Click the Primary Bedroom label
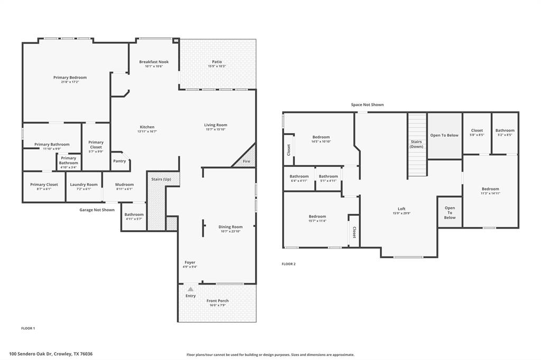tap(70, 78)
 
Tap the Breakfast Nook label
tap(154, 62)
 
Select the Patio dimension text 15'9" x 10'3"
tap(217, 67)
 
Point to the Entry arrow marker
tap(190, 289)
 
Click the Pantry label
tap(120, 161)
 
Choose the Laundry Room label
tap(84, 185)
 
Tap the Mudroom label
tap(125, 185)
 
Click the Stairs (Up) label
tap(162, 179)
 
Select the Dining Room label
tap(230, 227)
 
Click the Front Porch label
tap(217, 301)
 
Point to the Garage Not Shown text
tap(97, 210)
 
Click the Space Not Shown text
tap(367, 105)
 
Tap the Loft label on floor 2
tap(402, 209)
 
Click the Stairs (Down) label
tap(416, 144)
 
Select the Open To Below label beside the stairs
tap(444, 135)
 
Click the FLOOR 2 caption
tap(288, 264)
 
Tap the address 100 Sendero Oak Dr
tap(54, 354)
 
